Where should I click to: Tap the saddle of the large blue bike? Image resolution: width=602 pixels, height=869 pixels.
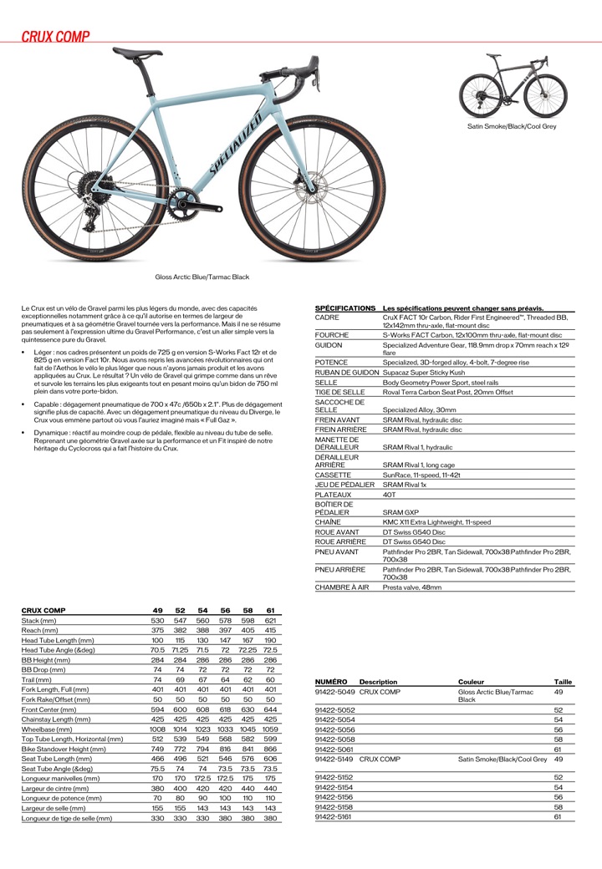coord(138,54)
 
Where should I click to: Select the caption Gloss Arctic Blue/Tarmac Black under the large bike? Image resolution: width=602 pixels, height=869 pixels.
coord(202,277)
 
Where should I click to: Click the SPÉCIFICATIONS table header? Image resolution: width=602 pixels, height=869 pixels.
coord(344,308)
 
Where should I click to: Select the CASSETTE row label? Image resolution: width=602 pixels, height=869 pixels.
coord(332,475)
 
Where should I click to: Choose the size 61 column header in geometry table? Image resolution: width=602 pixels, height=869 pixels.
coord(270,611)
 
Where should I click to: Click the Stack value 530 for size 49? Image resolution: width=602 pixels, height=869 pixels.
coord(157,621)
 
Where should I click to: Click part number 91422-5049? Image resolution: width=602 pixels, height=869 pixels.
coord(335,692)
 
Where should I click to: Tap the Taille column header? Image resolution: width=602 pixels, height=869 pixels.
coord(563,682)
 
